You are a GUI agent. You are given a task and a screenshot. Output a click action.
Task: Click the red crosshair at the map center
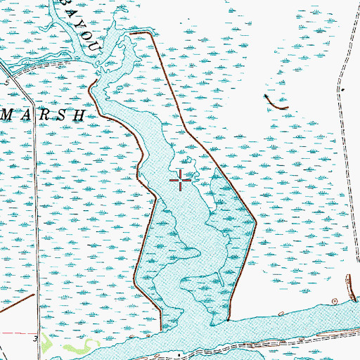(181, 181)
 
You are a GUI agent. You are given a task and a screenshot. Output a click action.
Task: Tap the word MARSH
(42, 114)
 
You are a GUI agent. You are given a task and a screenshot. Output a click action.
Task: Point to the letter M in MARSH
(5, 114)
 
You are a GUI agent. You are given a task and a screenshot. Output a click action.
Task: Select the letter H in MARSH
(80, 114)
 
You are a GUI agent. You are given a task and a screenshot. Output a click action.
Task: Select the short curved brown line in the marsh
(276, 103)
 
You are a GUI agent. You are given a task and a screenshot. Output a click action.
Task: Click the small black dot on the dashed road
(340, 89)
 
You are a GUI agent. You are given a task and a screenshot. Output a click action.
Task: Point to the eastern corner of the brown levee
(255, 224)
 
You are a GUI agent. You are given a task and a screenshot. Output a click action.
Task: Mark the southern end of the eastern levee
(230, 320)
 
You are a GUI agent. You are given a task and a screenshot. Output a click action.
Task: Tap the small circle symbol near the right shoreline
(349, 277)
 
